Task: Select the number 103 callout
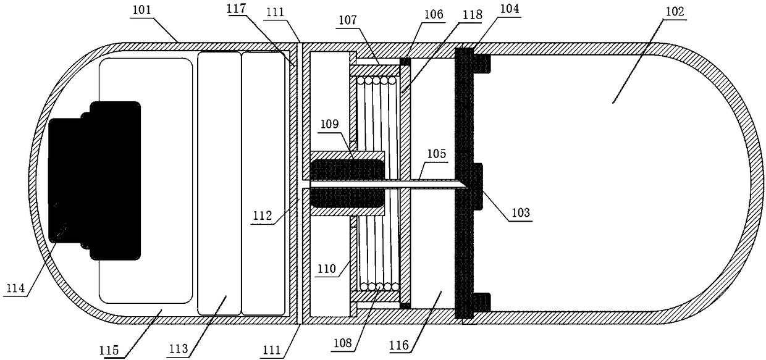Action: tap(519, 213)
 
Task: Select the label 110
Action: tap(328, 270)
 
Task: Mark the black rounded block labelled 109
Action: tap(347, 183)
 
